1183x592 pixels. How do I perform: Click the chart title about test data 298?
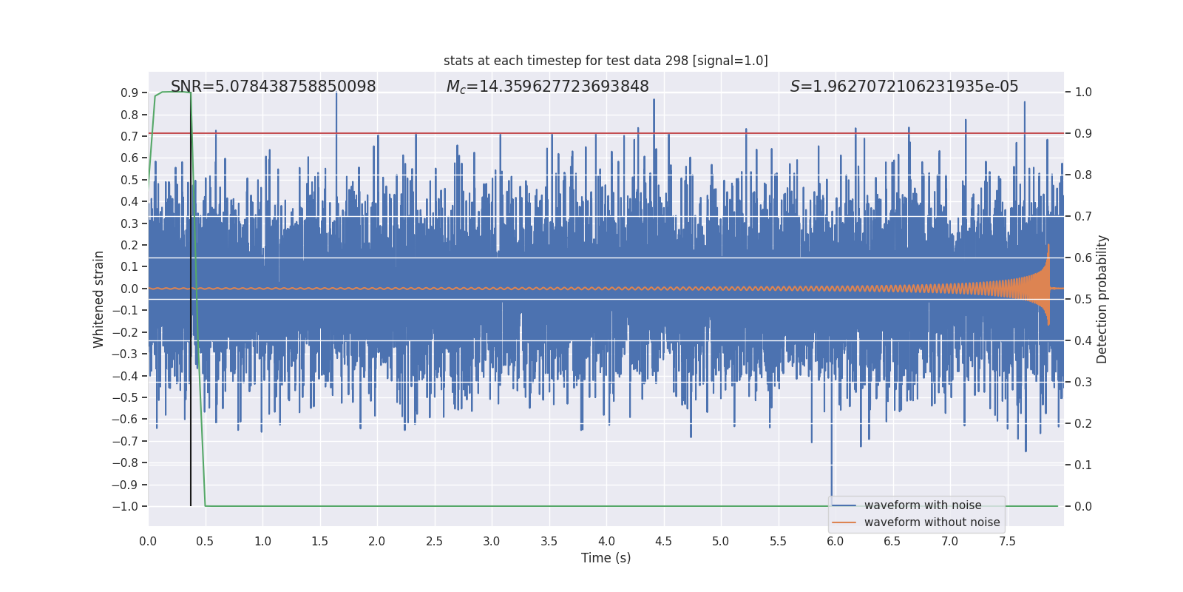606,61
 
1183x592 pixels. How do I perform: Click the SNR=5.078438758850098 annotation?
273,87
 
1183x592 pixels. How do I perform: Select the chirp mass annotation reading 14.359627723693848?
547,87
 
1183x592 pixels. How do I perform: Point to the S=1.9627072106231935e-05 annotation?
904,87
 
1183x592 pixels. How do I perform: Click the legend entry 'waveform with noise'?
922,505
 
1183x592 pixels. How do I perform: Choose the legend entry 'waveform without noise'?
931,522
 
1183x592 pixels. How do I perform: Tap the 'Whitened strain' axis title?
98,299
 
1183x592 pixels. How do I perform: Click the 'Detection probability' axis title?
1102,299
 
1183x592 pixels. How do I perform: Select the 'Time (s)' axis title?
606,558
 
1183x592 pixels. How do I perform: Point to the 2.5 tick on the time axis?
434,542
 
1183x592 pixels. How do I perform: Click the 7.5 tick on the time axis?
1007,542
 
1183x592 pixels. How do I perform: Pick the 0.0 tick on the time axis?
148,542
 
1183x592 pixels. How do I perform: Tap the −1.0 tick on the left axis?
125,507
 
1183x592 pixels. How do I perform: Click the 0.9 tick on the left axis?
129,92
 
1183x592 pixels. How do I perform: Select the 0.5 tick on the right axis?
1082,300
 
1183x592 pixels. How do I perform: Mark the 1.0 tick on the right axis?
1082,92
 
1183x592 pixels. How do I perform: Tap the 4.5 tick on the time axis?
663,542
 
